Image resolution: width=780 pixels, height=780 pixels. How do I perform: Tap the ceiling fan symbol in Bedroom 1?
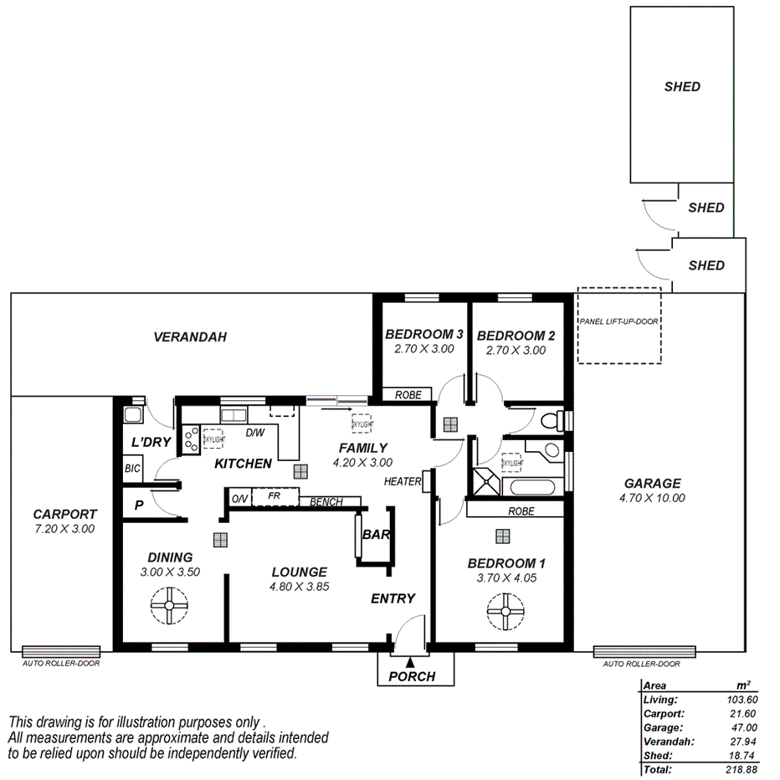(505, 611)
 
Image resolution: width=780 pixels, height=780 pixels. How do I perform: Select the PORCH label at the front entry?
(413, 676)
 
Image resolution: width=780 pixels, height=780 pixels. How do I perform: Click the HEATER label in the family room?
(402, 481)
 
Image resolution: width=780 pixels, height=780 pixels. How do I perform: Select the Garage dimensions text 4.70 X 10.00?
(652, 497)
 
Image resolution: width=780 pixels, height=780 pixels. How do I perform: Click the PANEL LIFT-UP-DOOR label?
(618, 321)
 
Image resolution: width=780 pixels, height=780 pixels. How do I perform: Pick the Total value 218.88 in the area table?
(740, 768)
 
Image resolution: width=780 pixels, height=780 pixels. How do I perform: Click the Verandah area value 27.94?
(741, 742)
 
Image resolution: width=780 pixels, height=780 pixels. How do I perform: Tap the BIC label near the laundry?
(132, 469)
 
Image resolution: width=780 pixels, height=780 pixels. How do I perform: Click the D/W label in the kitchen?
(255, 434)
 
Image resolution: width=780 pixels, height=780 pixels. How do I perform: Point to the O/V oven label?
(239, 500)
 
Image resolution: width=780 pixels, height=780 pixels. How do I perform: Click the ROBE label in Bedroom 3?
(408, 395)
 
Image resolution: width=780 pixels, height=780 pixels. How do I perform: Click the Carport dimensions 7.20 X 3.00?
(64, 529)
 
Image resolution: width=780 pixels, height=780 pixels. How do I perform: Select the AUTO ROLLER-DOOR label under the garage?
(641, 664)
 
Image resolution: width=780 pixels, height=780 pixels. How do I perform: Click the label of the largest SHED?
(682, 86)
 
